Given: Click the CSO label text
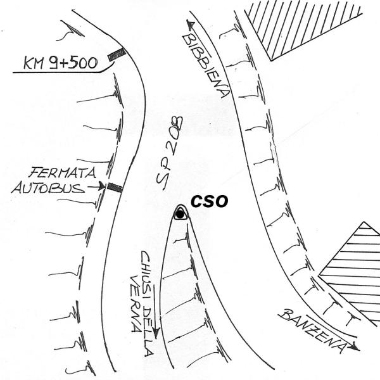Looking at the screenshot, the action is pos(210,201).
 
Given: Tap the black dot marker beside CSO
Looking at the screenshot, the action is pos(180,214).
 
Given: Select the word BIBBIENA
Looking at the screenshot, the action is pos(206,65).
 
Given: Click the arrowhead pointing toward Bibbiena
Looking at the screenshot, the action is pos(190,23).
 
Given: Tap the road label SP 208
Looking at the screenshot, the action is pos(169,153).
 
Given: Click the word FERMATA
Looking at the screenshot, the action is pos(63,173).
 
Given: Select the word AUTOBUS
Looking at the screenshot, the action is pos(48,188).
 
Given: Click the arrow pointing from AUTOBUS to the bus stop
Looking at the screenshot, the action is pos(96,187).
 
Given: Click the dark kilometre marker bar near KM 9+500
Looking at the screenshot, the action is pos(117,54).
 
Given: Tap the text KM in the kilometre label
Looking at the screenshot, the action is pos(34,63).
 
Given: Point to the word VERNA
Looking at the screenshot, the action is pos(136,303).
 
